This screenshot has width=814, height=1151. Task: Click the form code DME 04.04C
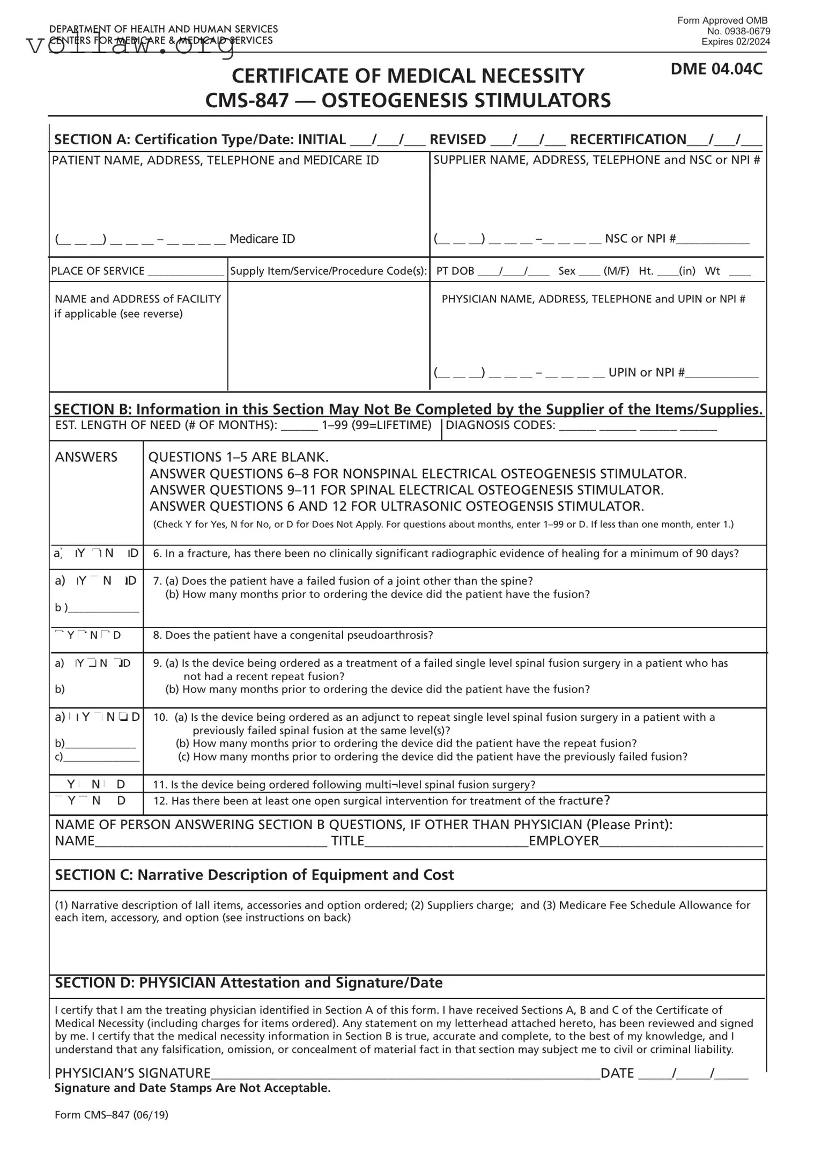click(x=716, y=69)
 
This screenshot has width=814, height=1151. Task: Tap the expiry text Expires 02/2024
click(x=736, y=42)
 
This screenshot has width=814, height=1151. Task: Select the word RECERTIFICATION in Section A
click(x=628, y=139)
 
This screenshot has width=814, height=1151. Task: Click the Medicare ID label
click(x=262, y=239)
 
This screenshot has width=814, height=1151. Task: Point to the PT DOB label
click(x=455, y=271)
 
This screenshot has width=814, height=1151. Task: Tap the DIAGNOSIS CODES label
click(x=500, y=425)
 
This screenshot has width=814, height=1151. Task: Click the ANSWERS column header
click(x=86, y=457)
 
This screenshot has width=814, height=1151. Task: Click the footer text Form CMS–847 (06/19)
click(x=112, y=1115)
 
